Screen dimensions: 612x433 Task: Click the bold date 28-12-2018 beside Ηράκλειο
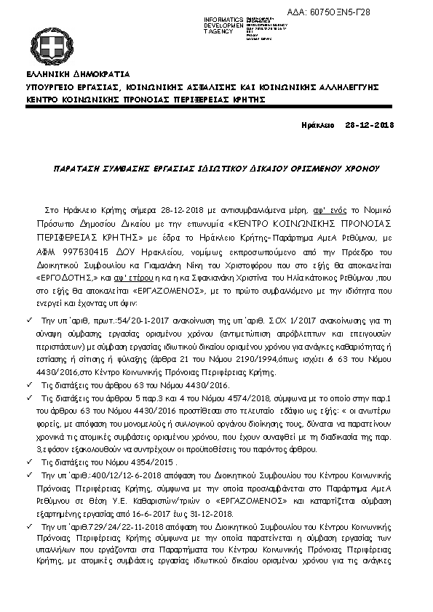[x=369, y=126]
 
